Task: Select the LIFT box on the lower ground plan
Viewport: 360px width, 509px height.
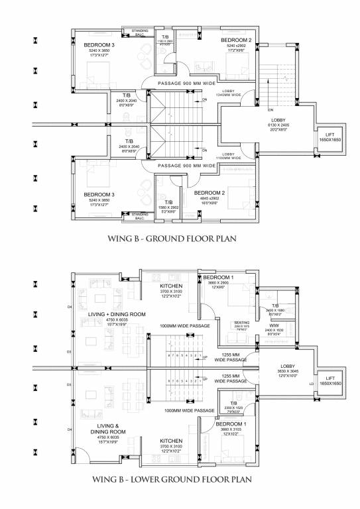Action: [330, 380]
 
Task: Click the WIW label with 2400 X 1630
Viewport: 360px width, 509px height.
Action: [274, 329]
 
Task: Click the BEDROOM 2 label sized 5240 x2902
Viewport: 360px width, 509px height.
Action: [237, 45]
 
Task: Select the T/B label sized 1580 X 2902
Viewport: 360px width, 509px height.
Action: [168, 205]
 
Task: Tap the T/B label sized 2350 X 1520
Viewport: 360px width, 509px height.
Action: [234, 406]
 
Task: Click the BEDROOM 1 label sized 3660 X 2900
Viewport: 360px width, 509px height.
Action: [216, 280]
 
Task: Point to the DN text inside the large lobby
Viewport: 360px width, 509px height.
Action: [270, 109]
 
